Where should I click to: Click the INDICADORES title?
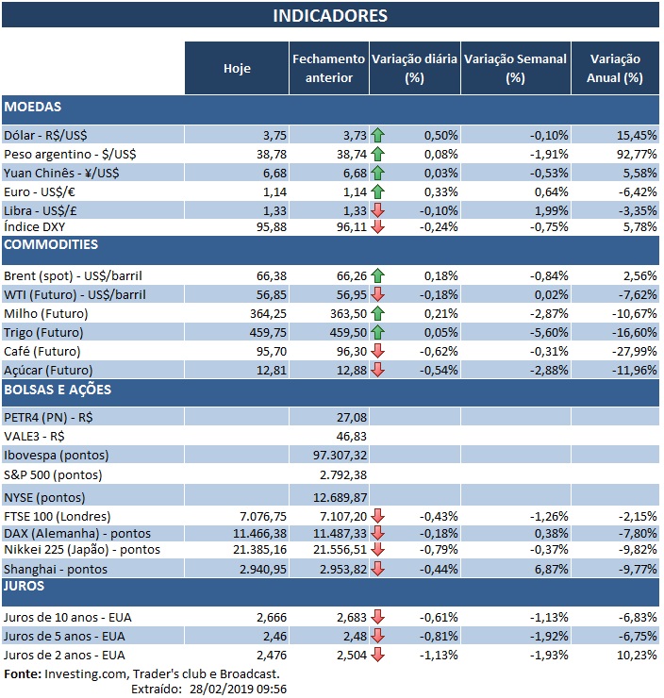tap(330, 16)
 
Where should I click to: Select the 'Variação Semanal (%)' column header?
tap(515, 68)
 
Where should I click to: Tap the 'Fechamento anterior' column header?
tap(328, 68)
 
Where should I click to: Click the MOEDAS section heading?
tap(33, 107)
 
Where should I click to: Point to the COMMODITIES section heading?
tap(51, 244)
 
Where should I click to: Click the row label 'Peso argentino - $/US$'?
tap(69, 153)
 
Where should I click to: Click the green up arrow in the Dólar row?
tap(378, 136)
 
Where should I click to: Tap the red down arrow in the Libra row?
tap(378, 209)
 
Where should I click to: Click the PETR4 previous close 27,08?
tap(350, 416)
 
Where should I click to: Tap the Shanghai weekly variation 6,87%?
tap(548, 569)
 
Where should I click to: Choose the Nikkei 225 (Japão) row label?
tap(82, 550)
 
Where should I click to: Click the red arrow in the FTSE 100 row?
tap(378, 516)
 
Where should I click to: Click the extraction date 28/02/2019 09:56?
tap(242, 689)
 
